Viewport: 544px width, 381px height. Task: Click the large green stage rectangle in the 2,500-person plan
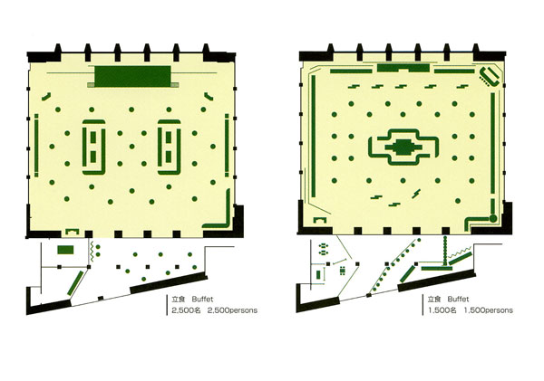133,76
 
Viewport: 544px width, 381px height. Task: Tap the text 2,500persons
232,310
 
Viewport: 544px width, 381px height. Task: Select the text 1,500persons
489,310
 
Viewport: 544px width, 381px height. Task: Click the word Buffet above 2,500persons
202,299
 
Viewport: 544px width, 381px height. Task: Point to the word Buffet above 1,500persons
458,299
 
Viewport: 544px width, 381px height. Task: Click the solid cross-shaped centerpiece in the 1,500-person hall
403,148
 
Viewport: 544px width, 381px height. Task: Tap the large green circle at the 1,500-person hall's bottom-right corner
493,218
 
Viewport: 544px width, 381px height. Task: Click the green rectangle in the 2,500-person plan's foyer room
65,250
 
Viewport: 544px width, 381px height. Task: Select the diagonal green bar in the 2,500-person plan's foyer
75,283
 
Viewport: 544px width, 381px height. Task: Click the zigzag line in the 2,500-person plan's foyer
92,252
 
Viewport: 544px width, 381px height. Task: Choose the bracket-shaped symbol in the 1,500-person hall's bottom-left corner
320,218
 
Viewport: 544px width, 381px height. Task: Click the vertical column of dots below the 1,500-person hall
445,250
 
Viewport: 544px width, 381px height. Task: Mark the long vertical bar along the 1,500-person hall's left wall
314,136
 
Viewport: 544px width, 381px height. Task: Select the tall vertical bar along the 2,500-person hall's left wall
36,146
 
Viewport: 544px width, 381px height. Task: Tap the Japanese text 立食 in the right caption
434,299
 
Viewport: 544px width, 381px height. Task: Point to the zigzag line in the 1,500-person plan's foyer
460,252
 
